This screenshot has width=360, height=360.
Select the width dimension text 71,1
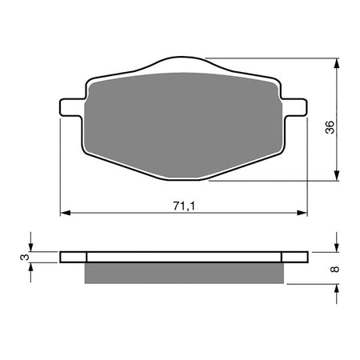184,206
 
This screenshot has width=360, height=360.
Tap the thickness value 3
25,257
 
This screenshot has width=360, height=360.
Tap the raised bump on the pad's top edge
183,63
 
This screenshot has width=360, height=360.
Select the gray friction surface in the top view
183,120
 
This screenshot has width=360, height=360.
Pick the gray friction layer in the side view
184,273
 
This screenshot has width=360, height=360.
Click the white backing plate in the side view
184,257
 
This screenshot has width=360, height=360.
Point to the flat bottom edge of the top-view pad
184,178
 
